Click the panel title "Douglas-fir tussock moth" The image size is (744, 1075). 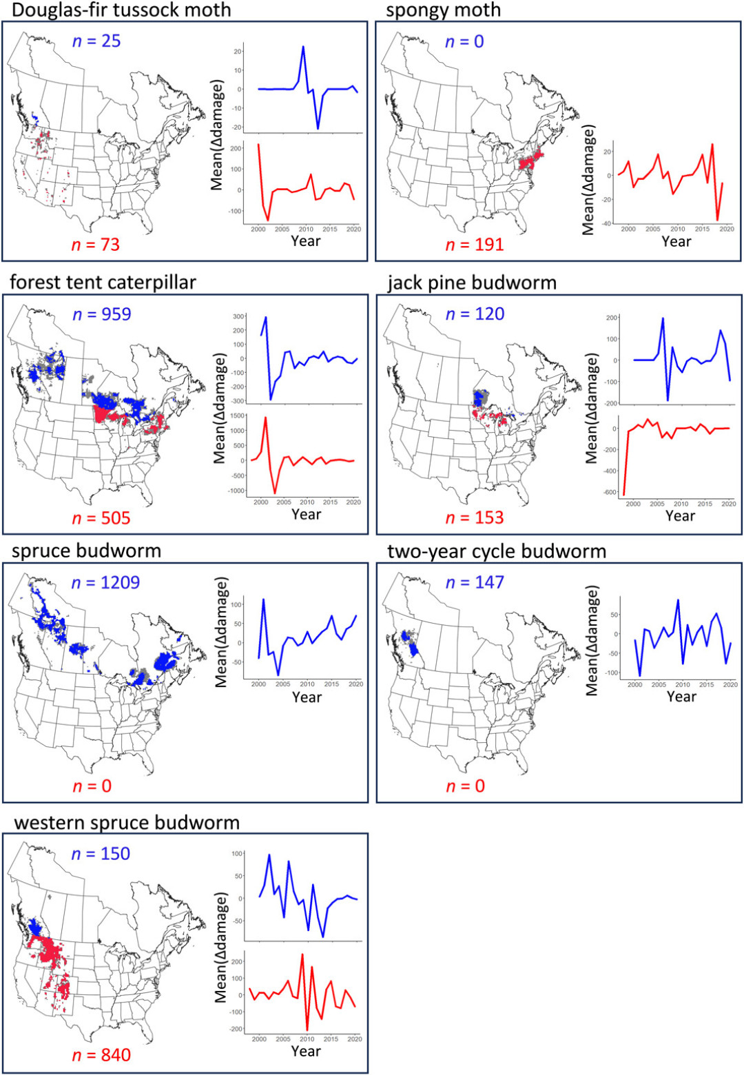[121, 10]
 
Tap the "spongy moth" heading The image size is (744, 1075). [443, 10]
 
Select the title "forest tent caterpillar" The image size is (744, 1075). [103, 282]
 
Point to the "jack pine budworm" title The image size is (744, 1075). [471, 282]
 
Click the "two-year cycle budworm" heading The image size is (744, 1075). [496, 551]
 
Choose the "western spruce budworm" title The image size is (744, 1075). [127, 822]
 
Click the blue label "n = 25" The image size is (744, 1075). [96, 41]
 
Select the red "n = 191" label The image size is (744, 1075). [475, 244]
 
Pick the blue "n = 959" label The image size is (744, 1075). [101, 314]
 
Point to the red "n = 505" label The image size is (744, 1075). [101, 518]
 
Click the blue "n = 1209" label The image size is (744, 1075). [105, 582]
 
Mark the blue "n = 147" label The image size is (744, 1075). [475, 582]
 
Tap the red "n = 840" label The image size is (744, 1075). [101, 1055]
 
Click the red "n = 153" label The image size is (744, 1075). [475, 518]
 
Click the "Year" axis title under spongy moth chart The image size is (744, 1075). [676, 241]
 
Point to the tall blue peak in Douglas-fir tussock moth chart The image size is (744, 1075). [303, 47]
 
